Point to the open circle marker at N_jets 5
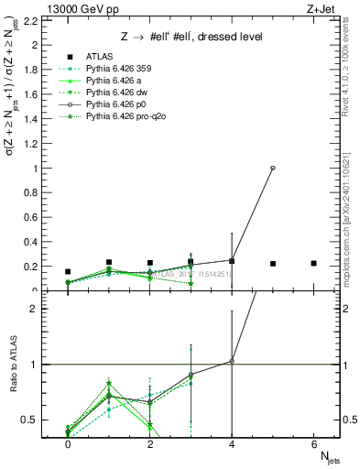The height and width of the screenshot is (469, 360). [x=273, y=168]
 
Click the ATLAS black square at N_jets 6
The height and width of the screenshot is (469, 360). [x=313, y=264]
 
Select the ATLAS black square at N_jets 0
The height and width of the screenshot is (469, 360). [x=68, y=271]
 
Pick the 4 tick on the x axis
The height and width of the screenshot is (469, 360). [x=232, y=444]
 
